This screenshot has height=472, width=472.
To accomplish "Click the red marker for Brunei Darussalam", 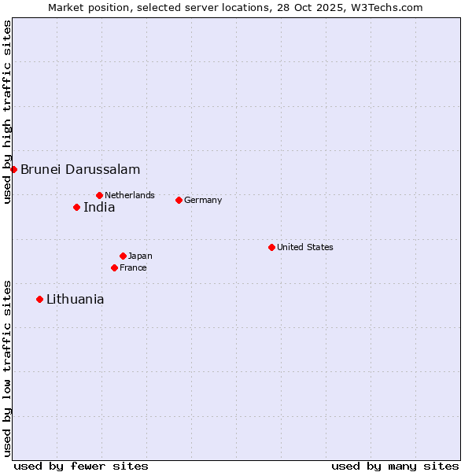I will click(x=13, y=169).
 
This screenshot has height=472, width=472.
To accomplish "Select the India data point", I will click(x=76, y=208).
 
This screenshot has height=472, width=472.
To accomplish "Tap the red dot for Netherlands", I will click(x=99, y=195).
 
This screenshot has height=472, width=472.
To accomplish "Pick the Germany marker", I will click(x=179, y=200).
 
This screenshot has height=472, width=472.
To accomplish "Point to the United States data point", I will click(x=271, y=247).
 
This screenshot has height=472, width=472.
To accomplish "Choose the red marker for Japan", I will click(x=123, y=256).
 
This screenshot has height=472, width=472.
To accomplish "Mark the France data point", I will click(x=114, y=267).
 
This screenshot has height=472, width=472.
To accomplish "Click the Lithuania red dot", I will click(x=39, y=299).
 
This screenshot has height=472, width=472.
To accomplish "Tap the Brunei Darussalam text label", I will click(x=80, y=169).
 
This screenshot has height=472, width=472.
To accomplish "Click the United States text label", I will click(x=305, y=247).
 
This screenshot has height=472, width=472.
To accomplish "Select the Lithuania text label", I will click(x=76, y=299).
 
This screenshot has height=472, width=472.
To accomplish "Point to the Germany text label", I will click(x=203, y=200).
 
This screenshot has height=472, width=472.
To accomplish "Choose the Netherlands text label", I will click(x=130, y=195).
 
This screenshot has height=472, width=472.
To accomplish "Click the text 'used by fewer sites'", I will click(x=81, y=466).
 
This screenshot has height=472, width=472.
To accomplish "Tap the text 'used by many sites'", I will click(x=395, y=466).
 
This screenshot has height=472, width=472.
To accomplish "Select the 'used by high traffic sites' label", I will click(x=7, y=112).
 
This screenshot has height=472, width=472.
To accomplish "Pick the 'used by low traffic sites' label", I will click(x=7, y=368).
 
